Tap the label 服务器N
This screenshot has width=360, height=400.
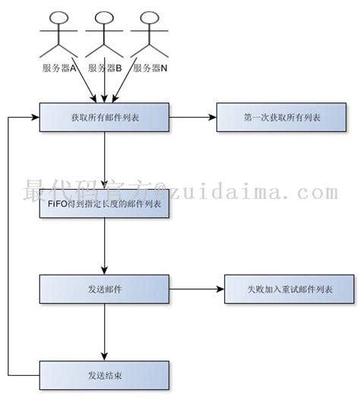point(150,68)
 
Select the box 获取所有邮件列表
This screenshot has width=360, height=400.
point(103,118)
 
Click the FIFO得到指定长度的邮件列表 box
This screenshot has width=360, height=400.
point(103,205)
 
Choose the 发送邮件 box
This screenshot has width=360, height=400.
point(103,289)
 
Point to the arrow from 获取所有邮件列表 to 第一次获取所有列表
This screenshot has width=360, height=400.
point(193,118)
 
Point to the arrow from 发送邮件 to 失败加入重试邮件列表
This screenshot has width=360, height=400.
point(196,289)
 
